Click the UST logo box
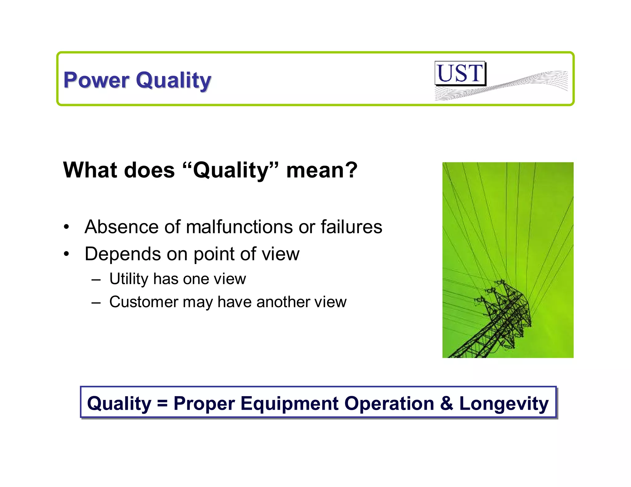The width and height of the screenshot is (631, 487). pyautogui.click(x=460, y=73)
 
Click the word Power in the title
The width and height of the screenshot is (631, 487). pyautogui.click(x=96, y=80)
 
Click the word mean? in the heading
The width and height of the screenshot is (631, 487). pyautogui.click(x=322, y=170)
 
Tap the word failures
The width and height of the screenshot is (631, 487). pyautogui.click(x=351, y=227)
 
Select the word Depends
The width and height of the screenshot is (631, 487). pyautogui.click(x=123, y=254)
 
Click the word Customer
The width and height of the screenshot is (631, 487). pyautogui.click(x=144, y=302)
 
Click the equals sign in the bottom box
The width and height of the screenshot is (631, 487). pyautogui.click(x=162, y=404)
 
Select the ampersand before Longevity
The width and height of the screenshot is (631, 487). pyautogui.click(x=446, y=404)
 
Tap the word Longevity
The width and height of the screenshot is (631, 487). pyautogui.click(x=504, y=404)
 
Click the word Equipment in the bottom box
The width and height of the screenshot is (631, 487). pyautogui.click(x=289, y=404)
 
